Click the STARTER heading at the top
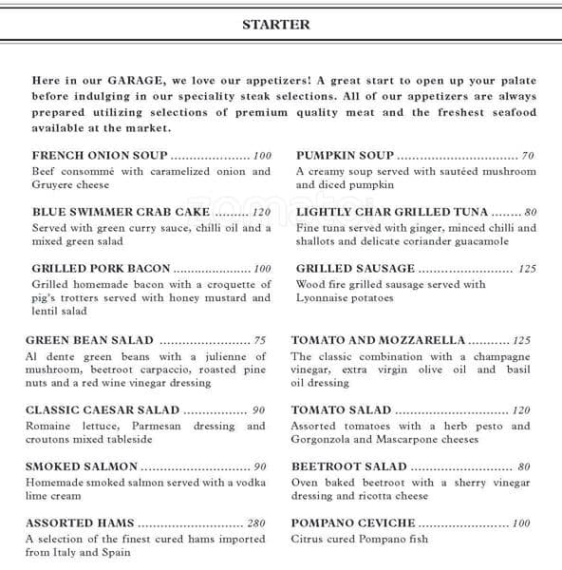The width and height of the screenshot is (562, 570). coord(276,25)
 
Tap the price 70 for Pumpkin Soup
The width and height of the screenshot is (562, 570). coord(528,156)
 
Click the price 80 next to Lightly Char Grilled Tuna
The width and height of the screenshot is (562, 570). coord(530,213)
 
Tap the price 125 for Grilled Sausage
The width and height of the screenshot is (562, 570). coord(527,269)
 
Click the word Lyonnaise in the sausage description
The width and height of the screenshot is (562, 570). coord(323,298)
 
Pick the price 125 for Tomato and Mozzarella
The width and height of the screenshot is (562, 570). coord(521,340)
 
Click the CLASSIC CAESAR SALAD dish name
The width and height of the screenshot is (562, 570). coord(103,410)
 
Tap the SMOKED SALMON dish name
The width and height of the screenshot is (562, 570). coord(82,466)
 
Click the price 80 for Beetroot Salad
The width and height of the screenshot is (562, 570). coord(523,466)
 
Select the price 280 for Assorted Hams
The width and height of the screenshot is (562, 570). coord(256,523)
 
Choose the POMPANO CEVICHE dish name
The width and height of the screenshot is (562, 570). coord(353,523)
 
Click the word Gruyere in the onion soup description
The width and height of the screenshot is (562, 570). coord(54,185)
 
